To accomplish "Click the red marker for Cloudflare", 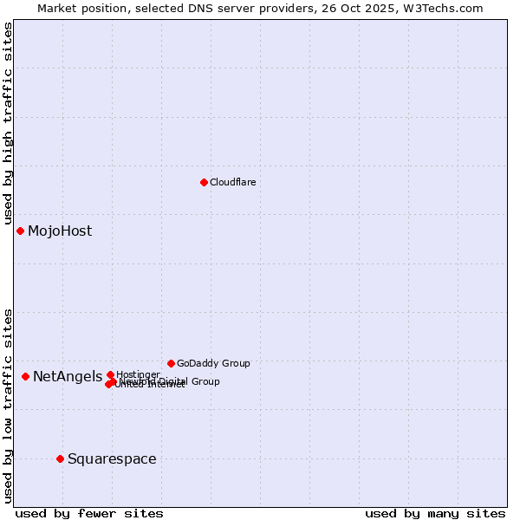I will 204,182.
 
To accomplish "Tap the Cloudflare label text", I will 232,182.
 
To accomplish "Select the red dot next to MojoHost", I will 20,231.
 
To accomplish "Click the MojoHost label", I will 60,231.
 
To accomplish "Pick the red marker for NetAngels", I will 25,376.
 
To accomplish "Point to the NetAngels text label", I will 68,376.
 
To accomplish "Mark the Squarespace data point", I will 60,458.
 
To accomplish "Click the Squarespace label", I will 112,458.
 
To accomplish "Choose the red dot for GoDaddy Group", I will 171,363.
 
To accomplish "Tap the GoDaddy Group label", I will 213,363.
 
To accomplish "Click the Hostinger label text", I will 138,374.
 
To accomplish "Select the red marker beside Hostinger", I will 110,374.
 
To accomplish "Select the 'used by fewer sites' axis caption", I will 89,513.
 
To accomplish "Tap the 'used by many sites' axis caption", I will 435,513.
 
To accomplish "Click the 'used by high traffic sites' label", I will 8,124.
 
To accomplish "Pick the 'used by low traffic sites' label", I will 8,405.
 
